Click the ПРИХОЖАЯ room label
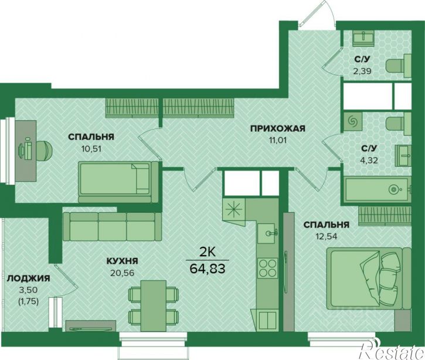coord(277,128)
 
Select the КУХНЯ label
coord(123,261)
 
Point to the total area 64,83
coord(208,269)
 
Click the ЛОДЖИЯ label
coord(29,278)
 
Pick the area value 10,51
coord(91,148)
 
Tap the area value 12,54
coord(326,236)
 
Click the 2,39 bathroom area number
coord(362,71)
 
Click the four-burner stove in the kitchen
coord(267,268)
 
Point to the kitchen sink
coord(267,233)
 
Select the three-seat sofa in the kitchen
coord(112,227)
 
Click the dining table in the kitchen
coord(154,306)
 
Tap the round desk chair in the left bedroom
coord(44,150)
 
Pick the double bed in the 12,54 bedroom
coord(369,278)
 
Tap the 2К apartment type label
coord(208,252)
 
